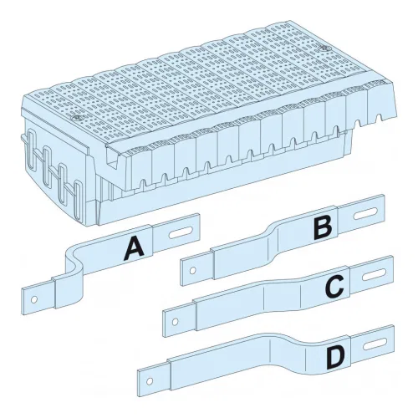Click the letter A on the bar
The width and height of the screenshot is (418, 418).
coord(134,248)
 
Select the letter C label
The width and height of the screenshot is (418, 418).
coord(334,286)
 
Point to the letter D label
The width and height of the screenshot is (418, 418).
coord(336,359)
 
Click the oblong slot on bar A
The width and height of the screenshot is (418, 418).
coord(181,232)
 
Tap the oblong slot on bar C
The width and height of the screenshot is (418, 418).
coord(374,275)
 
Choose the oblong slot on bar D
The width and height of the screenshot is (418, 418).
coord(375,344)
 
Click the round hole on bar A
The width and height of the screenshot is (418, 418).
coord(34,299)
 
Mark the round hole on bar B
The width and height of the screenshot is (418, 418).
coord(192,270)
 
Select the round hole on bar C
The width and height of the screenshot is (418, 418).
coord(175,322)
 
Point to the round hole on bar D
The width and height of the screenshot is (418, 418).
coord(150,381)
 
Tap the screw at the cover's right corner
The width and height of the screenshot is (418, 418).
coord(324,48)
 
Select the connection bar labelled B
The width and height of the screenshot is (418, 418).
coord(283,240)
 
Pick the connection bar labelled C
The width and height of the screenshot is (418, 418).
coord(278,297)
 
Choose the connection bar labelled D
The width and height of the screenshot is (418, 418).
coord(266,358)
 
